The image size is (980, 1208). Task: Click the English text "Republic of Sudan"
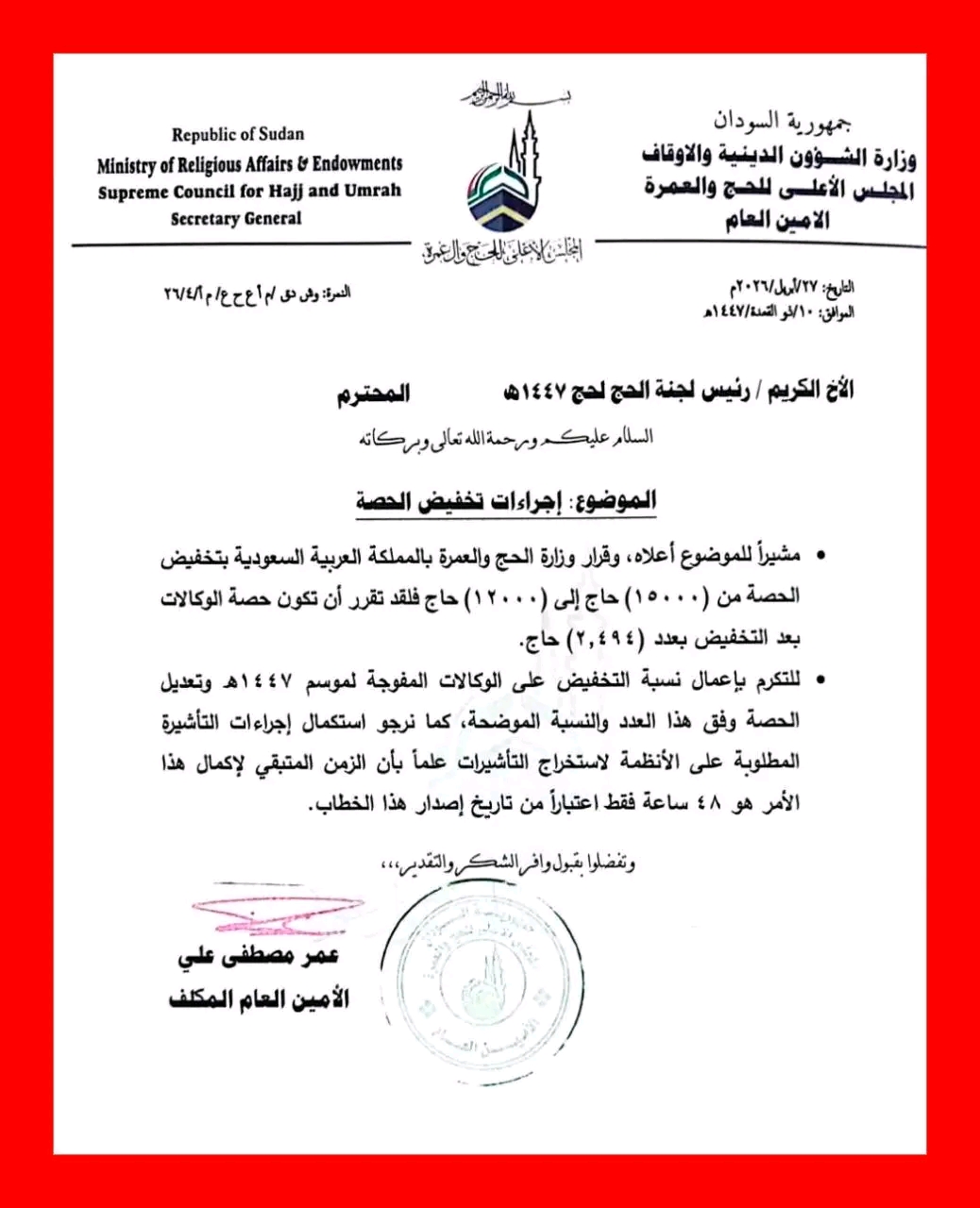pyautogui.click(x=238, y=134)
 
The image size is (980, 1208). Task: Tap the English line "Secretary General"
pyautogui.click(x=236, y=219)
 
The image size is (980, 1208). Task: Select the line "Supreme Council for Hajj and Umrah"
pyautogui.click(x=249, y=191)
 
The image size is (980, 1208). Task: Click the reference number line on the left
pyautogui.click(x=257, y=294)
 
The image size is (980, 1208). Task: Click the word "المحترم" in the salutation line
pyautogui.click(x=373, y=394)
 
